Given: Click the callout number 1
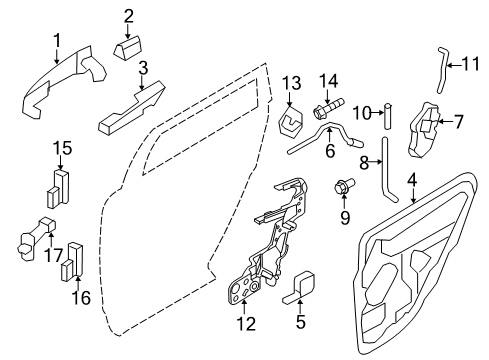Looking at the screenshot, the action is pyautogui.click(x=57, y=41).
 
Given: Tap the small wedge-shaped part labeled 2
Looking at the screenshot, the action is pyautogui.click(x=128, y=48).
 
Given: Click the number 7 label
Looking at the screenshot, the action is pyautogui.click(x=459, y=122).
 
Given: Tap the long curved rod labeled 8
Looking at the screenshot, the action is pyautogui.click(x=386, y=169).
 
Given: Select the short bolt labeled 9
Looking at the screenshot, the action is pyautogui.click(x=345, y=187).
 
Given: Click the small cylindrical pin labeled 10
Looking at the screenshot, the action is pyautogui.click(x=387, y=116).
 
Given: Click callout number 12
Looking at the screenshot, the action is pyautogui.click(x=246, y=324).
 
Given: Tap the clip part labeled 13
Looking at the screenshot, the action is pyautogui.click(x=290, y=123).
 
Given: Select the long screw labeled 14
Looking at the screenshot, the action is pyautogui.click(x=328, y=108).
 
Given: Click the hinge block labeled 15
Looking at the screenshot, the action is pyautogui.click(x=58, y=189).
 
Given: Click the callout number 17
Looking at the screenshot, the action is pyautogui.click(x=53, y=255).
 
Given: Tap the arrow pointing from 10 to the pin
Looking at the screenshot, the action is pyautogui.click(x=378, y=113).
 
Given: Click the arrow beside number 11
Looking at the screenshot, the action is pyautogui.click(x=454, y=65).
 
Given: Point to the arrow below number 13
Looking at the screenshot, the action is pyautogui.click(x=289, y=100).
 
